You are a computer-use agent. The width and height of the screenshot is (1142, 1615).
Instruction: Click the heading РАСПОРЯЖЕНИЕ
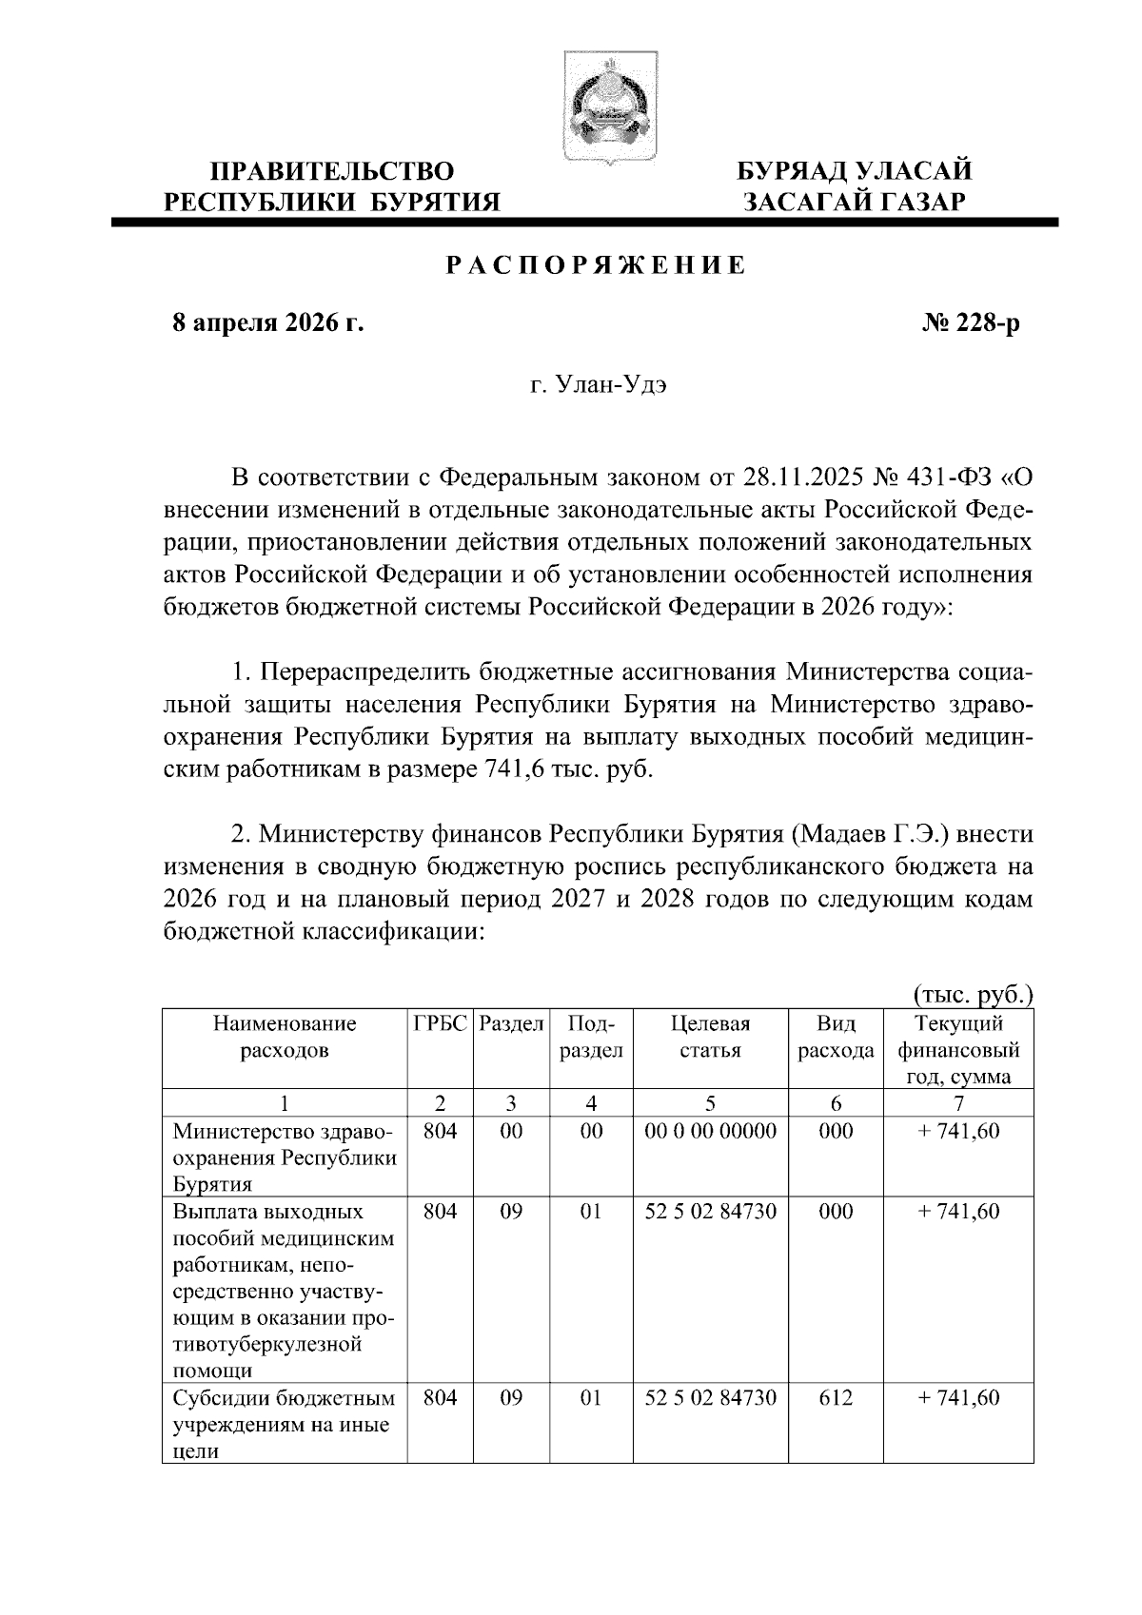[x=597, y=266]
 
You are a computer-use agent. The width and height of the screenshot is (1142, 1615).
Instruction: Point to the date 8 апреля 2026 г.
[x=267, y=324]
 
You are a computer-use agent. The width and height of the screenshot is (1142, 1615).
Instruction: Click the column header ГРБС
[x=441, y=1024]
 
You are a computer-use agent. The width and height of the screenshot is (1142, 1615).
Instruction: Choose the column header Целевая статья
[x=710, y=1037]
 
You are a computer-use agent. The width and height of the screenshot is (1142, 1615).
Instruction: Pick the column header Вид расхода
[x=836, y=1037]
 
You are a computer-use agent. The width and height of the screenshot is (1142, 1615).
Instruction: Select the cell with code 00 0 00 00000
[x=710, y=1131]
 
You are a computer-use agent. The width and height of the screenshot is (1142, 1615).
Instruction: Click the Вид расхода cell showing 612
[x=836, y=1397]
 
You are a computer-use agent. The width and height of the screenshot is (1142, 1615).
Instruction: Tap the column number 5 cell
[x=710, y=1103]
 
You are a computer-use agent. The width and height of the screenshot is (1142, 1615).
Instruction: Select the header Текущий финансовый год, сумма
[x=958, y=1050]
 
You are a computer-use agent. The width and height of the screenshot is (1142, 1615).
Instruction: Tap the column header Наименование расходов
[x=285, y=1037]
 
